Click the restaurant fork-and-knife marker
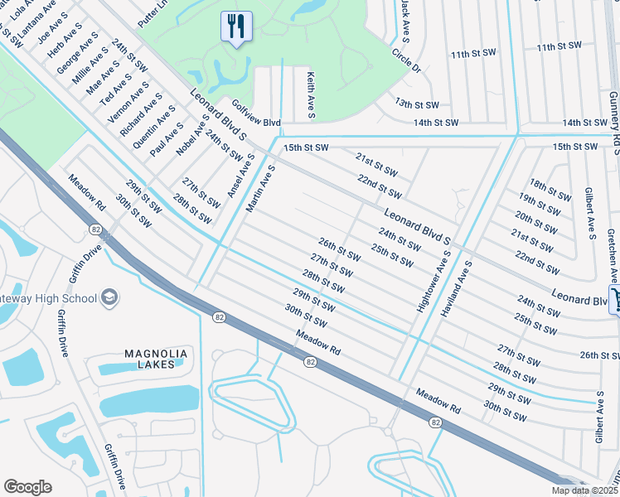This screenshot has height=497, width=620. [236, 27]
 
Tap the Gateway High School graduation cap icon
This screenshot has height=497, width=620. [109, 297]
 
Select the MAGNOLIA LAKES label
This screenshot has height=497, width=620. [155, 359]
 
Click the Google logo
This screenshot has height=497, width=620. [27, 487]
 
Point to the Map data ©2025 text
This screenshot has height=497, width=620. [584, 490]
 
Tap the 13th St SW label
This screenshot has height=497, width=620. [415, 105]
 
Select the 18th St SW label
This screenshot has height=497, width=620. [550, 191]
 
